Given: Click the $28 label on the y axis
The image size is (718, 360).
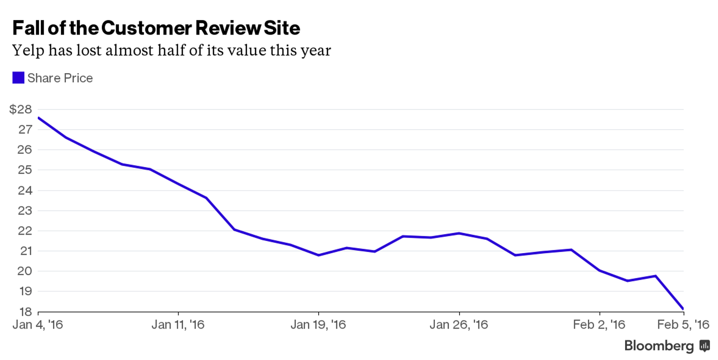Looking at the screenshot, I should pyautogui.click(x=20, y=109).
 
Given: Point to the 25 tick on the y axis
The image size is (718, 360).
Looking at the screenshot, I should pyautogui.click(x=25, y=170).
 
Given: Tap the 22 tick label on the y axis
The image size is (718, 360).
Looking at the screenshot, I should pyautogui.click(x=25, y=231).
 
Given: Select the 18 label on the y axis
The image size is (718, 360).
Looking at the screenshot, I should pyautogui.click(x=25, y=312).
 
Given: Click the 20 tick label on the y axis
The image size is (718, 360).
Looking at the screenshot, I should pyautogui.click(x=25, y=271).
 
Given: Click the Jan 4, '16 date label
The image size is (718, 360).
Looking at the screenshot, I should pyautogui.click(x=38, y=325).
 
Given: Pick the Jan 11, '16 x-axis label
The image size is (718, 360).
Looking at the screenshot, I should pyautogui.click(x=178, y=325).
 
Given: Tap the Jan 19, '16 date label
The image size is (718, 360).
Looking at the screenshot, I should pyautogui.click(x=318, y=325).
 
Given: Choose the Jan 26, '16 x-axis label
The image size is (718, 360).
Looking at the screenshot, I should pyautogui.click(x=459, y=325).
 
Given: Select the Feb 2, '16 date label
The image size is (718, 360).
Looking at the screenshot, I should pyautogui.click(x=599, y=325).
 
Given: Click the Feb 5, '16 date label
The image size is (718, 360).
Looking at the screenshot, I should pyautogui.click(x=683, y=325).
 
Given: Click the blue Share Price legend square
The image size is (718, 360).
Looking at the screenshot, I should pyautogui.click(x=18, y=78).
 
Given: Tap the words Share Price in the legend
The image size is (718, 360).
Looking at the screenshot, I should pyautogui.click(x=60, y=78).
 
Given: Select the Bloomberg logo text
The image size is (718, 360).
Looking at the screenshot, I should pyautogui.click(x=659, y=346).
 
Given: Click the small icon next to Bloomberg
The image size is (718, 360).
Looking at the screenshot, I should pyautogui.click(x=705, y=346).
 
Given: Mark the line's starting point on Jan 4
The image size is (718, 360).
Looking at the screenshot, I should pyautogui.click(x=39, y=118).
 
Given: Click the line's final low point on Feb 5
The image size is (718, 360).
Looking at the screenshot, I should pyautogui.click(x=683, y=309).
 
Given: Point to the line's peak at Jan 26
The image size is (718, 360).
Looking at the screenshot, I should pyautogui.click(x=459, y=233).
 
